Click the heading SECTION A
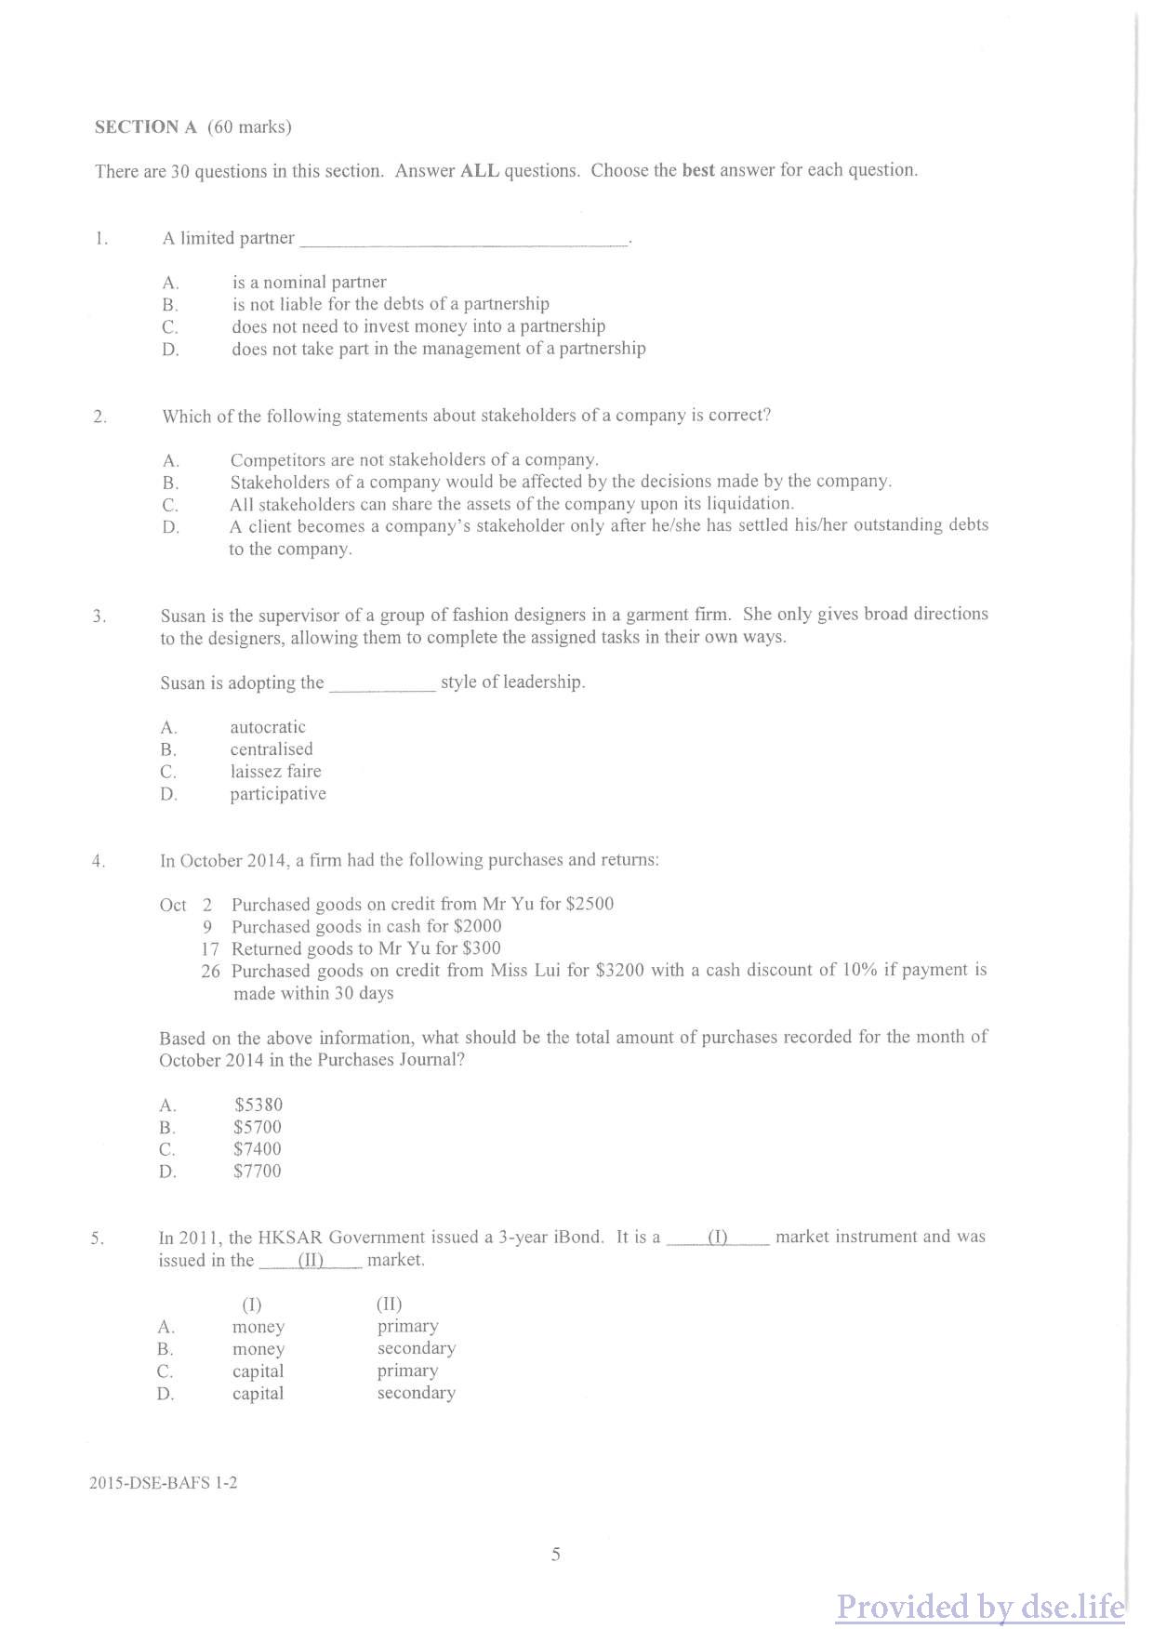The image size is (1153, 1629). coord(146,127)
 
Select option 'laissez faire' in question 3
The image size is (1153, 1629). coord(275,772)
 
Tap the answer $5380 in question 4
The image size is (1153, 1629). coord(258,1105)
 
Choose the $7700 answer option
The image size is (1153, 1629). coord(258,1172)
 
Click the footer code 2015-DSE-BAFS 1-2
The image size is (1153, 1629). coord(163,1483)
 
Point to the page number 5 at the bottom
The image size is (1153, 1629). coord(555,1555)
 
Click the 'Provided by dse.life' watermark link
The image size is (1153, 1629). coord(980,1607)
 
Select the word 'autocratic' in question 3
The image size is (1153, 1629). coord(268,727)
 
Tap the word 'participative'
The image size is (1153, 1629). coord(278,794)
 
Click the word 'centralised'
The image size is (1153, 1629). coord(272,749)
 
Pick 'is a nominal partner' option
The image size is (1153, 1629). coord(310,282)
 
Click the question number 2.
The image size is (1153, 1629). coord(100,417)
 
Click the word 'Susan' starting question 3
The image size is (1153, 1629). coord(182,616)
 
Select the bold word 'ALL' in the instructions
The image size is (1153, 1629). coord(480,171)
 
